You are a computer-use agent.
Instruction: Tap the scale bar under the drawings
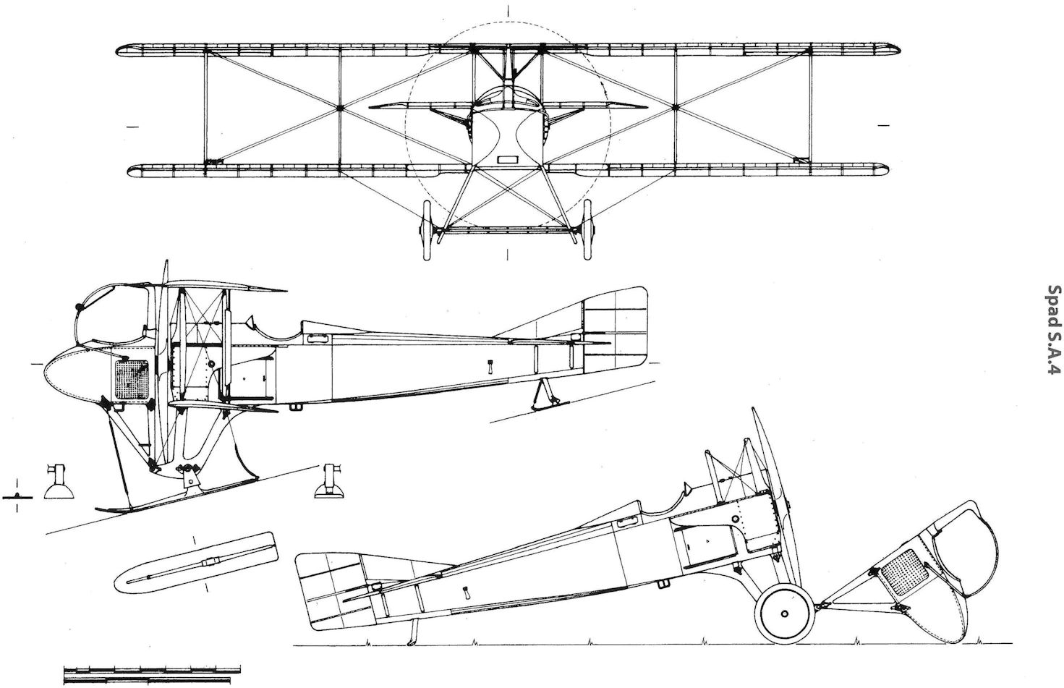click(x=152, y=674)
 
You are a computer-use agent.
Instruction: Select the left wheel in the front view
click(x=427, y=230)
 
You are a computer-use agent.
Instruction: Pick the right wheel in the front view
click(x=588, y=230)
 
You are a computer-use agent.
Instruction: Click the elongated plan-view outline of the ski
click(x=196, y=563)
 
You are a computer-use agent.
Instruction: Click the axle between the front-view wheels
click(x=507, y=231)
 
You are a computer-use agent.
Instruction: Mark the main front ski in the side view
click(x=176, y=495)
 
